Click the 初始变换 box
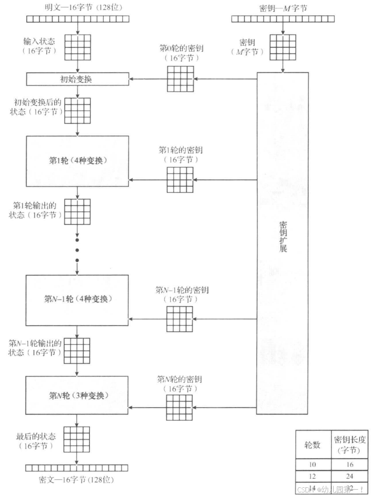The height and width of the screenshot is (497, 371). pos(76,79)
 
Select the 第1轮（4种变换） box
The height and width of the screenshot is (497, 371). pos(77,160)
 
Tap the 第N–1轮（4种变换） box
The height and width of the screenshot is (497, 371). pos(77,299)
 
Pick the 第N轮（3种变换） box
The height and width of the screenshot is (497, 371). pos(77,395)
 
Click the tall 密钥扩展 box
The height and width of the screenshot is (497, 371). pos(282,243)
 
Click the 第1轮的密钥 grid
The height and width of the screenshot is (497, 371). pos(180,179)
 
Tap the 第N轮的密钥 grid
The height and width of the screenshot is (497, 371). pos(180,407)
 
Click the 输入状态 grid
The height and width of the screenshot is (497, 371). pos(77,47)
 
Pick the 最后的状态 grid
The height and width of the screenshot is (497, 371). pos(77,439)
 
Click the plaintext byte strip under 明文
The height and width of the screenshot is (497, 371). pos(77,19)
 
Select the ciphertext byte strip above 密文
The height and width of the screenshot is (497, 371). pos(77,468)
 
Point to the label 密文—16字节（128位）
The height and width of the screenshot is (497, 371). pos(77,479)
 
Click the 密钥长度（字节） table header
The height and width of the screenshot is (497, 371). pos(349,445)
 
